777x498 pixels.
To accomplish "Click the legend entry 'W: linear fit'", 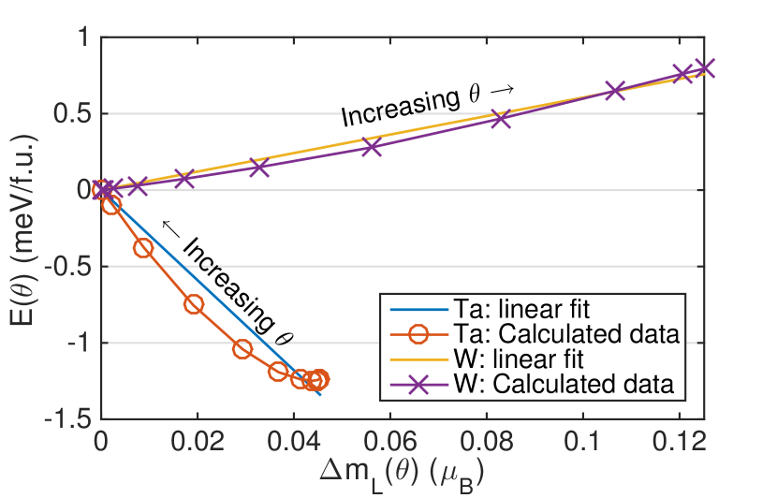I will [524, 359].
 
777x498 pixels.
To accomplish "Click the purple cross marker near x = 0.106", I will [615, 91].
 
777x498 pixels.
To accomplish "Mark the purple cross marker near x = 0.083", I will [501, 119].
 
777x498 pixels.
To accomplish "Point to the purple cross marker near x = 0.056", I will [372, 147].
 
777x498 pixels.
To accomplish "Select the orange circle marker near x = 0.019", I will [194, 304].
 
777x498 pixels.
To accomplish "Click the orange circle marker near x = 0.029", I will [242, 349].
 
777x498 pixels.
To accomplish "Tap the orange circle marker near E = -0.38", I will [143, 248].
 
